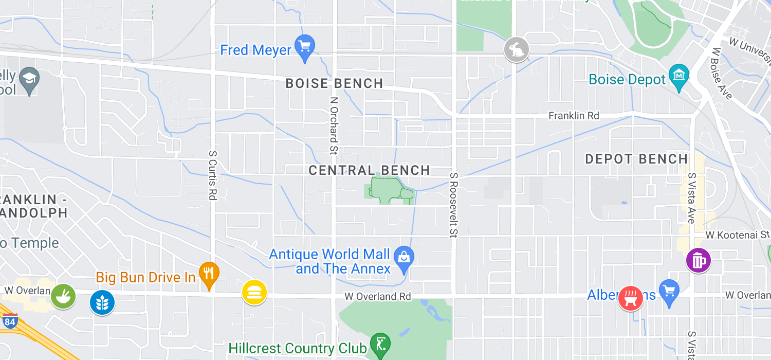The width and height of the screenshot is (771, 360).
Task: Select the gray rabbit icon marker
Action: tap(516, 49)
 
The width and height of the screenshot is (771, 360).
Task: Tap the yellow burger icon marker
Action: tap(254, 292)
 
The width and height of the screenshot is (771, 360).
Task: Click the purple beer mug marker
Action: tap(698, 261)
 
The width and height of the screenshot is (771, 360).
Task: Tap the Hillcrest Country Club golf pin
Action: tap(380, 345)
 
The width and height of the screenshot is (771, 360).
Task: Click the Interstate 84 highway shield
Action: tap(9, 321)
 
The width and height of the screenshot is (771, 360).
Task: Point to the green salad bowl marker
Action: tap(63, 296)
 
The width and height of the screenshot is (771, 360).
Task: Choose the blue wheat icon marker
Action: tap(102, 302)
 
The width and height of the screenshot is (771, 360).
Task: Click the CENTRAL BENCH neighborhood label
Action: tap(369, 170)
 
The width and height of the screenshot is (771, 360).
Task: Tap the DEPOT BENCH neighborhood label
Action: tap(636, 159)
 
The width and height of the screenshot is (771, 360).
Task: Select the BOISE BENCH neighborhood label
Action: tap(334, 83)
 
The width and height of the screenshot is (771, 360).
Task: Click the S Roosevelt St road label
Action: tap(453, 204)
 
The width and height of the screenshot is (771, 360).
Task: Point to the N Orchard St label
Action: tap(334, 125)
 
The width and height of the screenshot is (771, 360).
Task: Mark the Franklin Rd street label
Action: tap(574, 116)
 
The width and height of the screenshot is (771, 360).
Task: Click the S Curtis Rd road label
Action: tap(212, 175)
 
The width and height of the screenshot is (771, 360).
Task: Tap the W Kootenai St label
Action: tap(737, 235)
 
